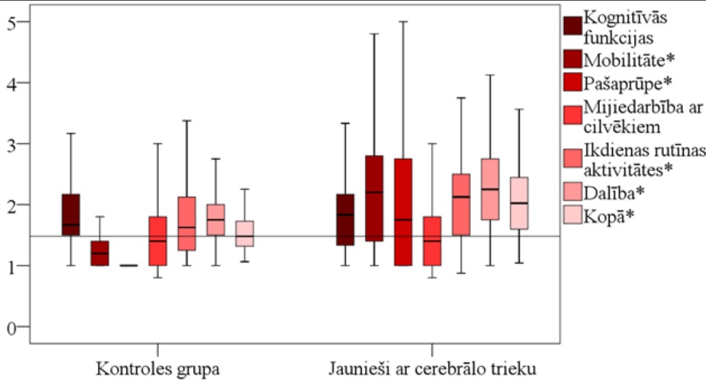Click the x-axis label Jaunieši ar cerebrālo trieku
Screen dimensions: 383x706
click(x=434, y=371)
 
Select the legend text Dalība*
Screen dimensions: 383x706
click(x=614, y=193)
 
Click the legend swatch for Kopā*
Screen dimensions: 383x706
click(x=573, y=217)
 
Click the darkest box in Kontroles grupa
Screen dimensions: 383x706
click(x=71, y=215)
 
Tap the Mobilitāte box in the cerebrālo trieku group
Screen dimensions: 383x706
click(x=374, y=198)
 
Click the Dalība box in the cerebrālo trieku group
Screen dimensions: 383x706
click(x=490, y=189)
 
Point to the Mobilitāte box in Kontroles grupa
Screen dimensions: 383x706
click(x=100, y=253)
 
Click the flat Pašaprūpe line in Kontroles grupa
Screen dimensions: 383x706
click(x=128, y=266)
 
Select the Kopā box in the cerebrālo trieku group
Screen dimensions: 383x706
click(x=519, y=203)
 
